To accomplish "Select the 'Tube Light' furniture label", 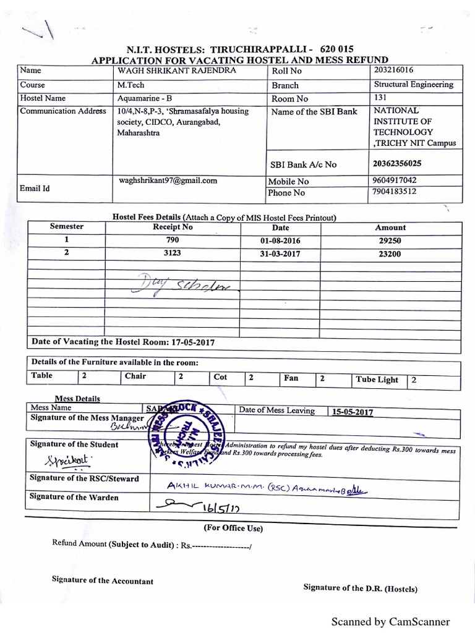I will pyautogui.click(x=377, y=380).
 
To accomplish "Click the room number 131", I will pyautogui.click(x=381, y=98).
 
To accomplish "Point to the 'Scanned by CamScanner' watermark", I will pyautogui.click(x=390, y=621).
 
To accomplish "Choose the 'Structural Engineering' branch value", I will pyautogui.click(x=413, y=85).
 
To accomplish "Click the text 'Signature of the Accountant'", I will pyautogui.click(x=103, y=581).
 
